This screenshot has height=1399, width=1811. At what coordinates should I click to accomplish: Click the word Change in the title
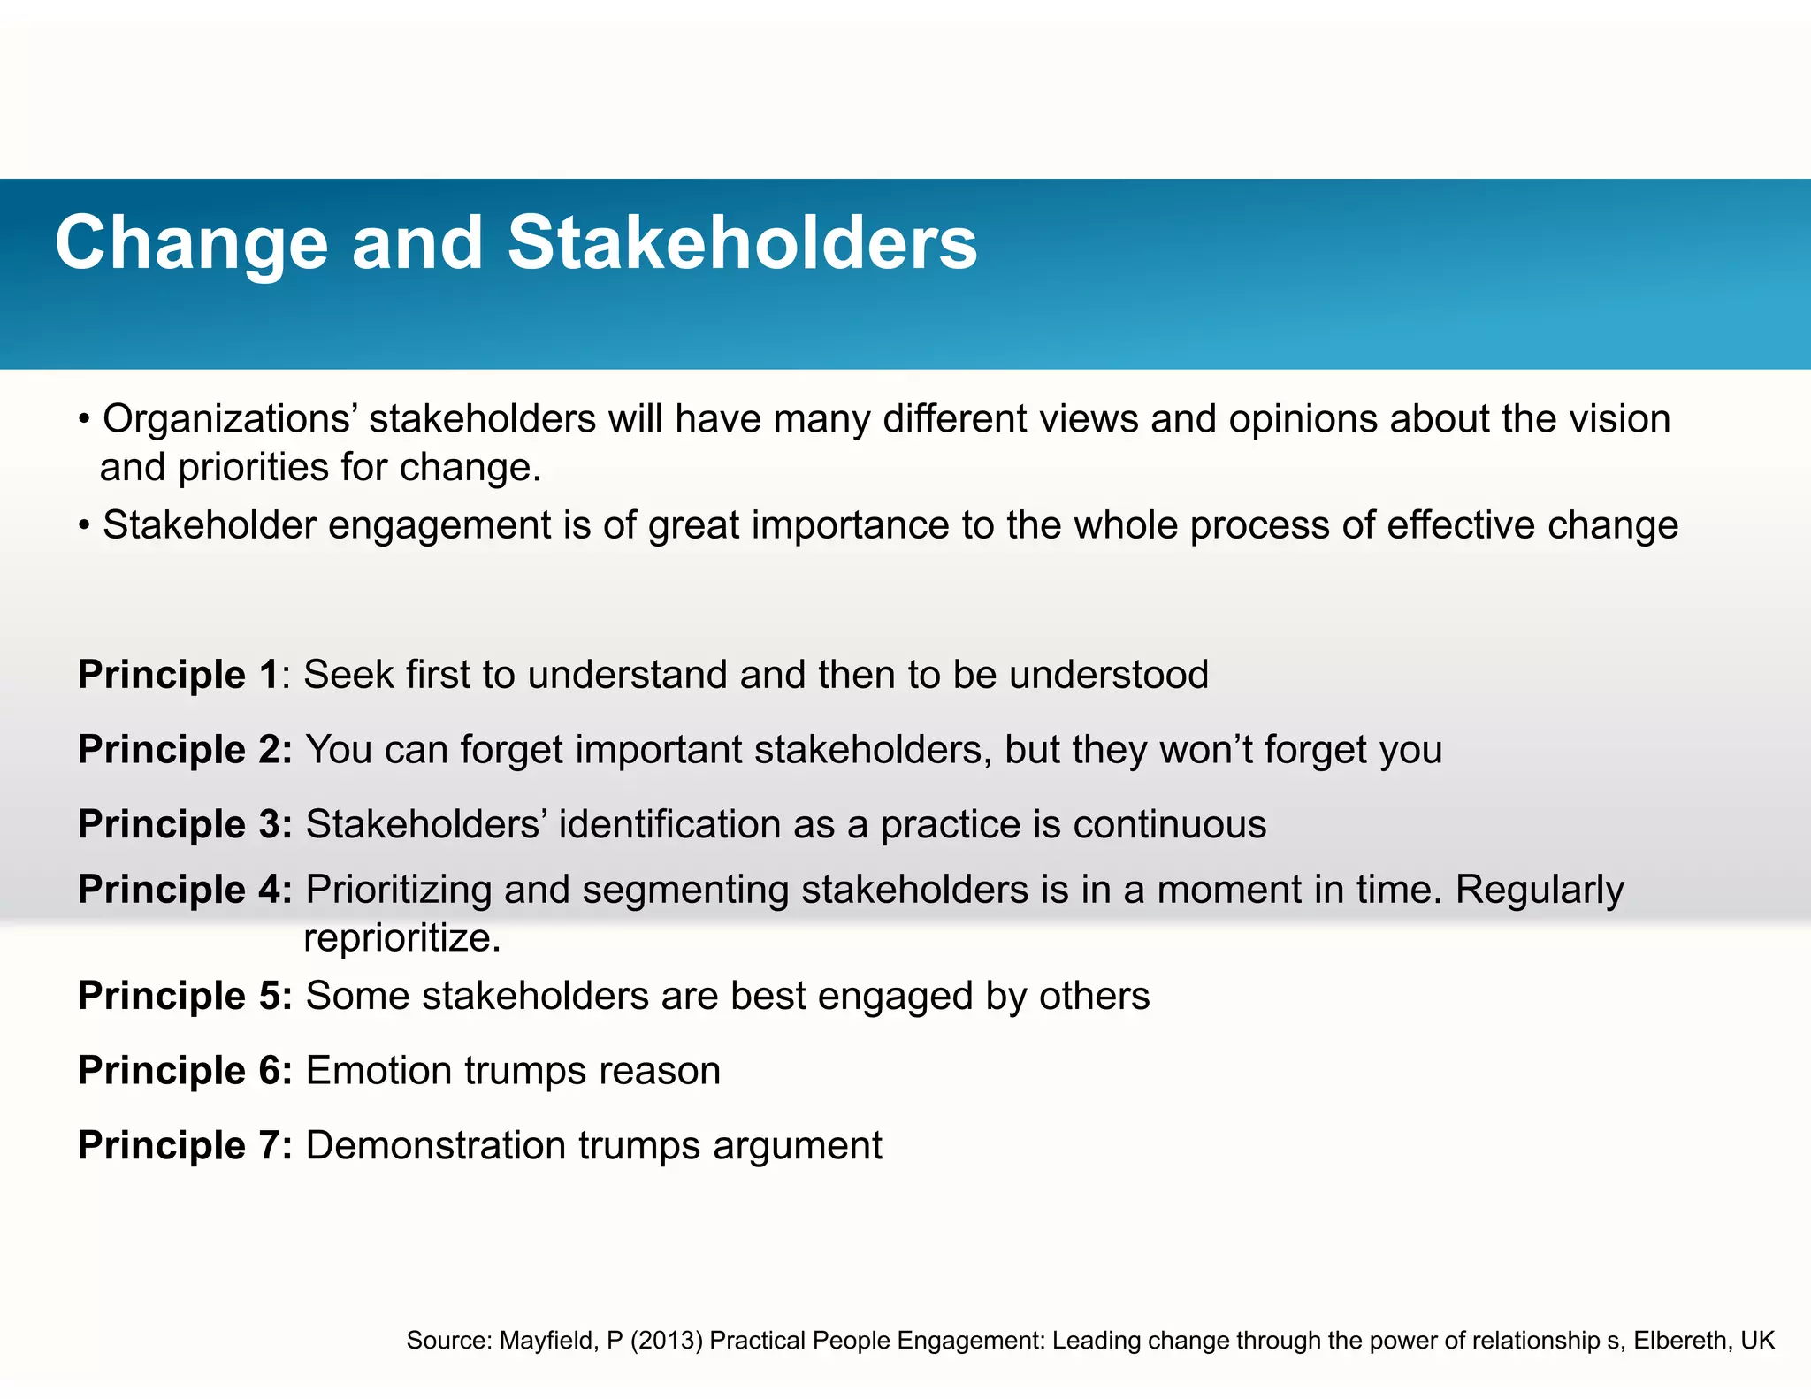coord(191,243)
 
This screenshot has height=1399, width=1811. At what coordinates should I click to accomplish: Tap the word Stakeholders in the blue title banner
coord(743,243)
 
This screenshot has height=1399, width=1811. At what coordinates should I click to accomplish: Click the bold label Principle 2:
coord(185,750)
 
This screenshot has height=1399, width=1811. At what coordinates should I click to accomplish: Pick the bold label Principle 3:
coord(185,824)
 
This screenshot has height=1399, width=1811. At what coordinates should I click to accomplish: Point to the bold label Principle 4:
coord(185,890)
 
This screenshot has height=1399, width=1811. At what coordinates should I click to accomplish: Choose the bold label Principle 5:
coord(185,996)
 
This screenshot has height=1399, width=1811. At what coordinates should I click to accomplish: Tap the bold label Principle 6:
coord(185,1071)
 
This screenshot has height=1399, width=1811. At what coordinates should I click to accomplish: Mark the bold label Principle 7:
coord(185,1145)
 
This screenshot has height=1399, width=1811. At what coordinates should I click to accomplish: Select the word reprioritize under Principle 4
coord(402,938)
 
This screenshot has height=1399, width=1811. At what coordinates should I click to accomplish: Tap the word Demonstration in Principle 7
coord(436,1145)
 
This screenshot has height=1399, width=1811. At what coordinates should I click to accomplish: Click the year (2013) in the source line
coord(667,1341)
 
